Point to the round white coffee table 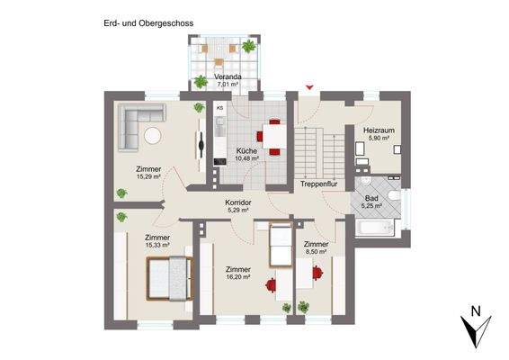point(152,136)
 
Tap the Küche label point(246,150)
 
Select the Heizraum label point(376,130)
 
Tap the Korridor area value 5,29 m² point(238,211)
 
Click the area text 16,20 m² point(238,277)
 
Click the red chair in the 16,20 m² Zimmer point(271,287)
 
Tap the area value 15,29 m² point(148,177)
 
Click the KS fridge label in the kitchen point(219,107)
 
